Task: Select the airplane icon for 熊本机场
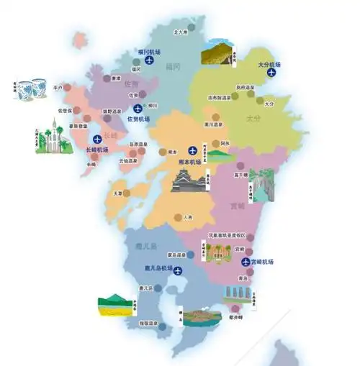tap(192, 150)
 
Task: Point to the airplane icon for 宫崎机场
tap(246, 262)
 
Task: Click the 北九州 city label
tap(181, 33)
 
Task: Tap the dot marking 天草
tap(126, 193)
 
